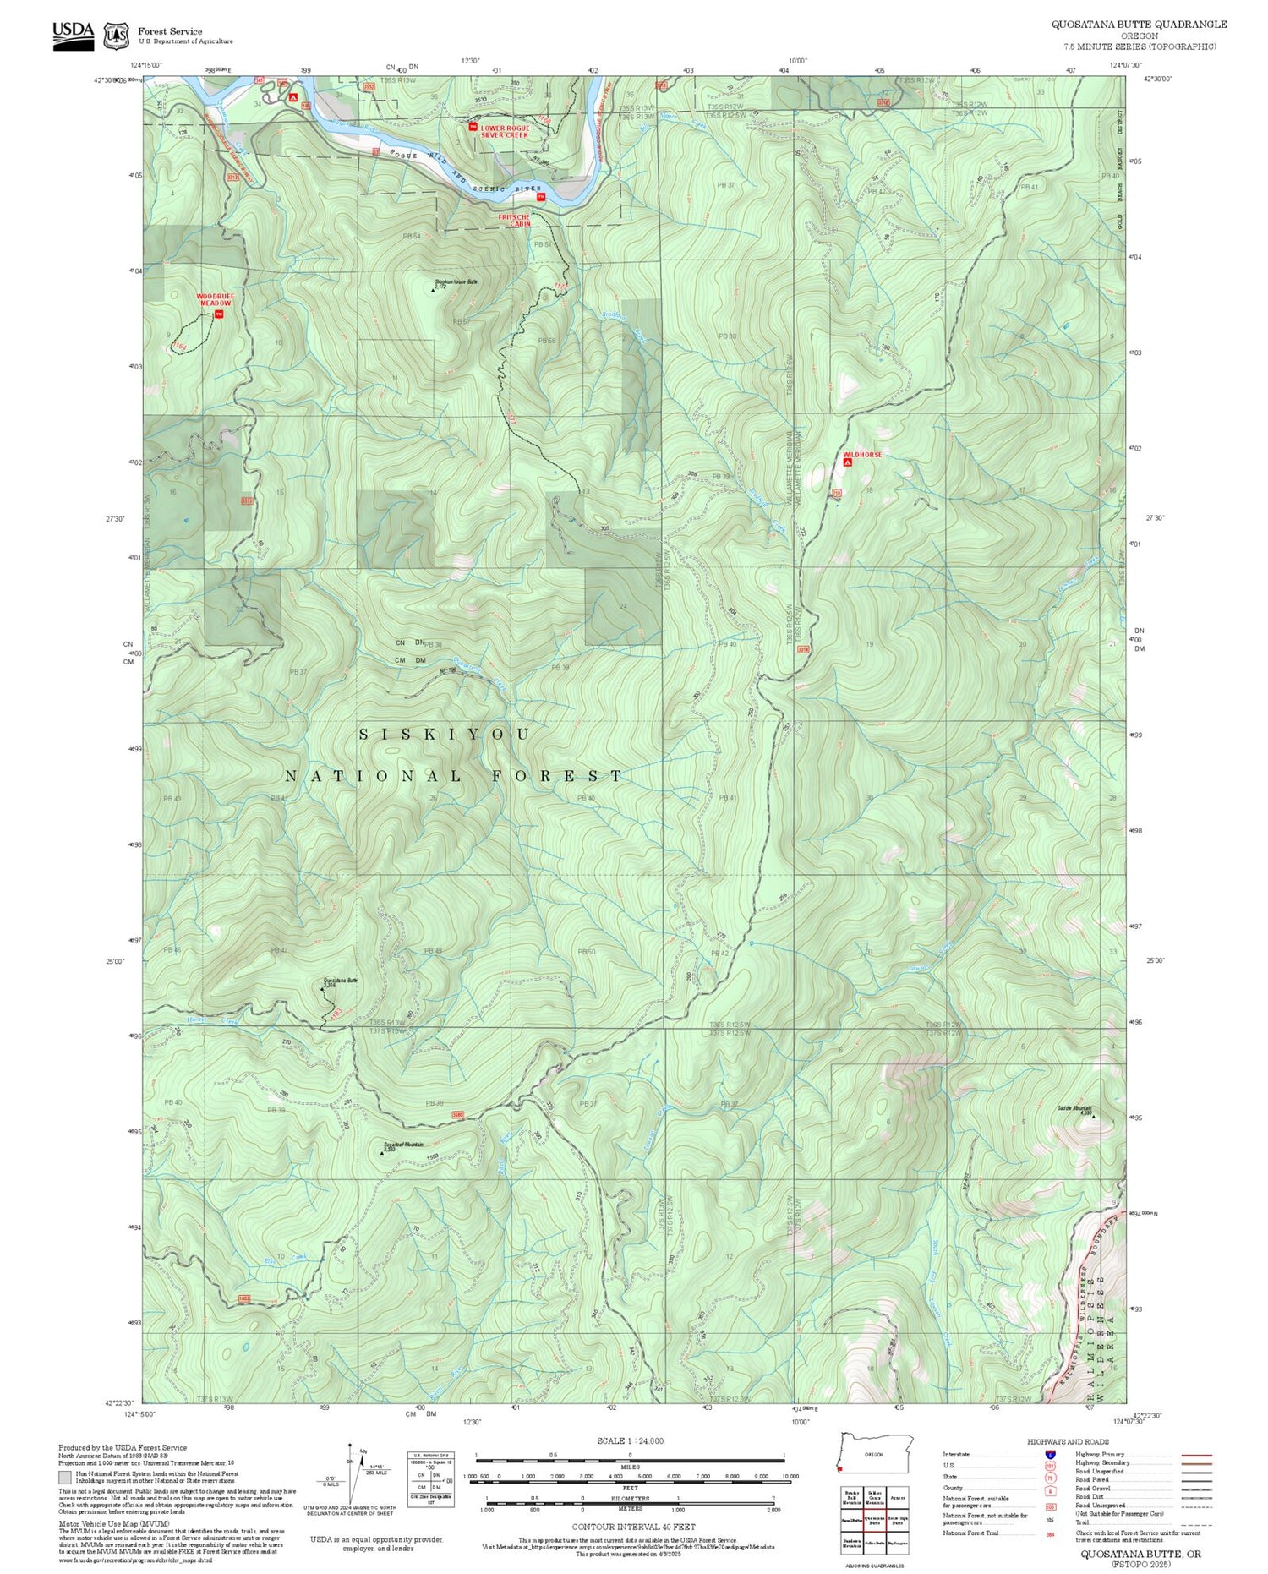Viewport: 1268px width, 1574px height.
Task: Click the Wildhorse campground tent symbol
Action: [x=847, y=462]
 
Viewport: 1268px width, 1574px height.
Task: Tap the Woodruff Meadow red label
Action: [x=215, y=299]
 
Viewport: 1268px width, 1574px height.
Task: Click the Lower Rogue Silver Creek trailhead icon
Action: [x=473, y=126]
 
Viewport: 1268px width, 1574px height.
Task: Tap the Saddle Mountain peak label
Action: [x=1074, y=1108]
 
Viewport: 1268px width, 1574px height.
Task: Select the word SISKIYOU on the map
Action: [x=445, y=734]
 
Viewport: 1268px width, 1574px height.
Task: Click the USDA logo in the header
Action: [x=74, y=35]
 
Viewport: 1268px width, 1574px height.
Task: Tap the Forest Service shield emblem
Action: [x=116, y=36]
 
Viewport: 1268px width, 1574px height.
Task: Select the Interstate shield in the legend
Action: [x=1050, y=1454]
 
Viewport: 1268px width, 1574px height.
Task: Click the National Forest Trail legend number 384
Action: [x=1051, y=1533]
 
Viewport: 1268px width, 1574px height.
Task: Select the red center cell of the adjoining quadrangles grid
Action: [x=874, y=1519]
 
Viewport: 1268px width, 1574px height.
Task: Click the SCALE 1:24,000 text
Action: [x=630, y=1440]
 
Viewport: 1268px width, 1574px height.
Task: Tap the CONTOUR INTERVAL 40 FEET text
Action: [x=633, y=1527]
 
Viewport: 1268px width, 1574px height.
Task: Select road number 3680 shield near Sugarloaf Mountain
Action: [x=458, y=1114]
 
